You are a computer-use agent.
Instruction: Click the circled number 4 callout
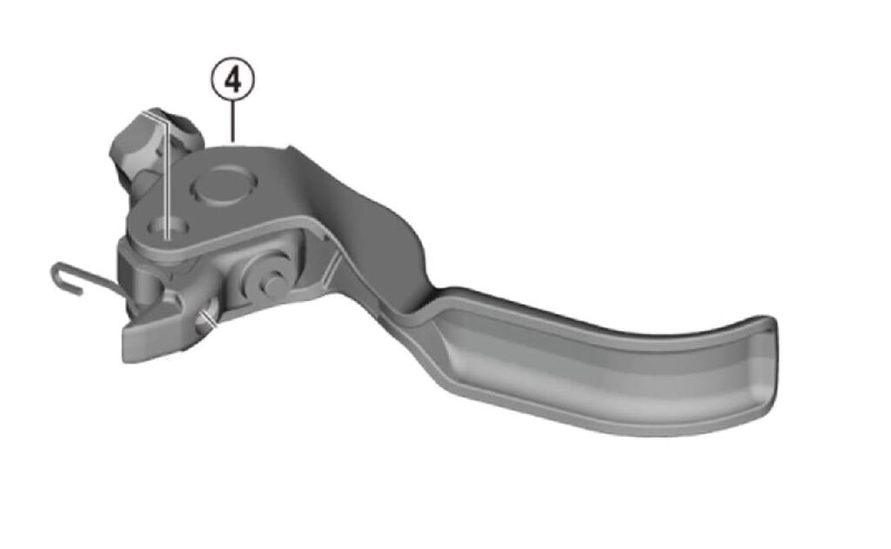click(232, 80)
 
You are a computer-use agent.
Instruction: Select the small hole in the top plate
click(167, 227)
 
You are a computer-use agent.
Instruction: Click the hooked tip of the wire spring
click(64, 278)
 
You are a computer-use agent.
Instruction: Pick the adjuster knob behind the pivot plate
click(153, 148)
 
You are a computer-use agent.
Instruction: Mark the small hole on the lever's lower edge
click(205, 321)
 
